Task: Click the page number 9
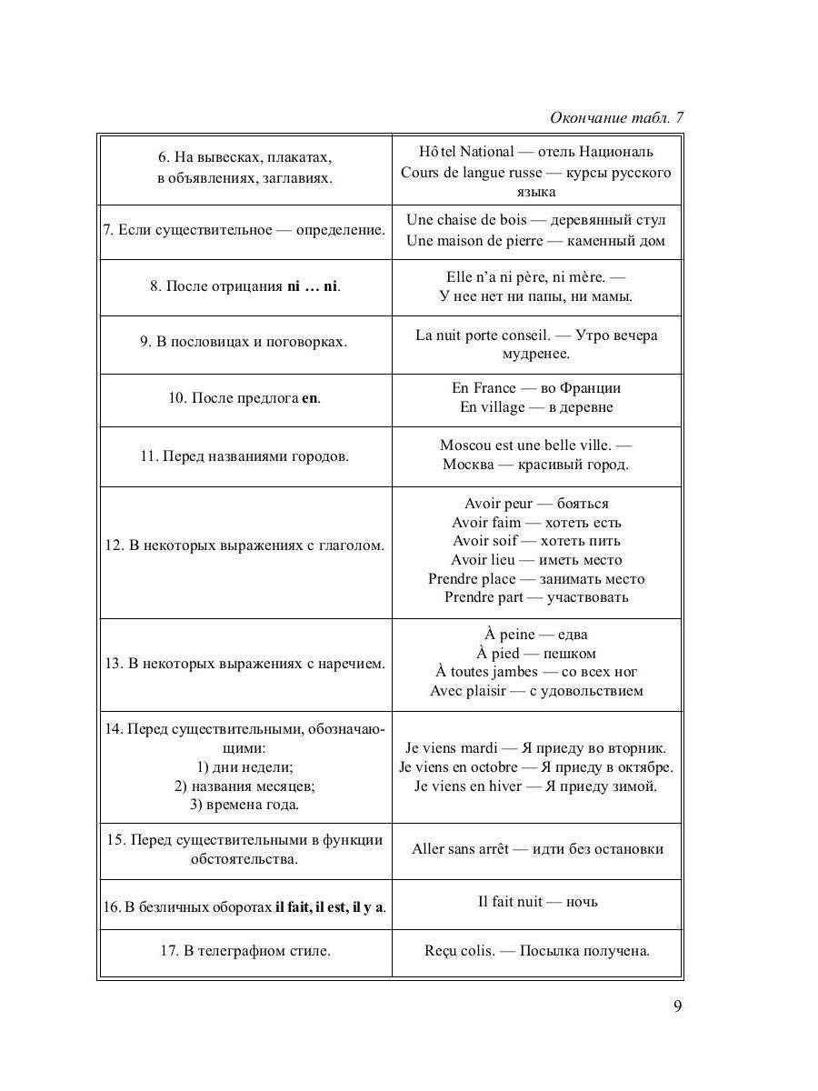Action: coord(677,1006)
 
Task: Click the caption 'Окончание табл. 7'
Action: coord(616,118)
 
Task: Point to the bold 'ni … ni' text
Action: coord(312,286)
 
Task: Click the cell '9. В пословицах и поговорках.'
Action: coord(244,342)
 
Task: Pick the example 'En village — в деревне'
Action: coord(536,407)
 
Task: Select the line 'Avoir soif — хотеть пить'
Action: coord(536,541)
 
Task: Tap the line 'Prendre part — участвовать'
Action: coord(536,597)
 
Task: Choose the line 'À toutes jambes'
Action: coord(491,672)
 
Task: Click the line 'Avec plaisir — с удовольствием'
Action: coord(536,691)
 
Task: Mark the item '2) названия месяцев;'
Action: coord(244,786)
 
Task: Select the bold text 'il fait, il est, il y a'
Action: coord(331,907)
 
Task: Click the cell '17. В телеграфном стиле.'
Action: coord(244,951)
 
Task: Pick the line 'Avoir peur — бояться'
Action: coord(536,504)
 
